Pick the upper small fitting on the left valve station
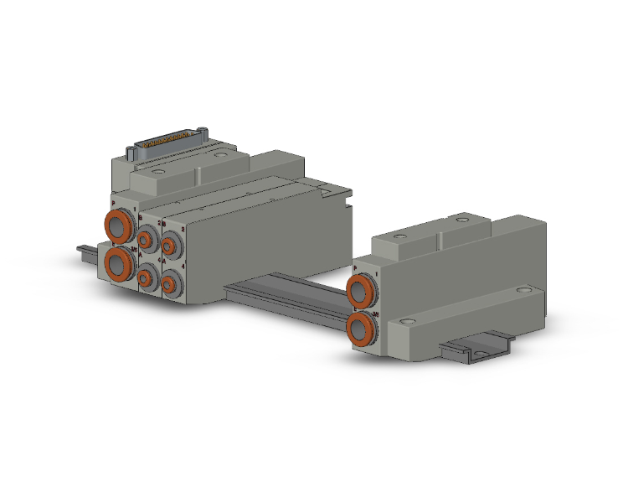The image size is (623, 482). [x=146, y=242]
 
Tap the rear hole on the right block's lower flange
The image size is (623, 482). [x=524, y=290]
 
